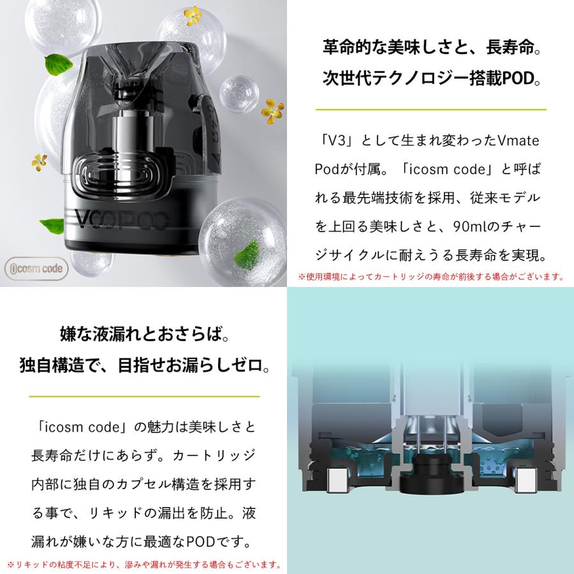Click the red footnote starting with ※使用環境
431,277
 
